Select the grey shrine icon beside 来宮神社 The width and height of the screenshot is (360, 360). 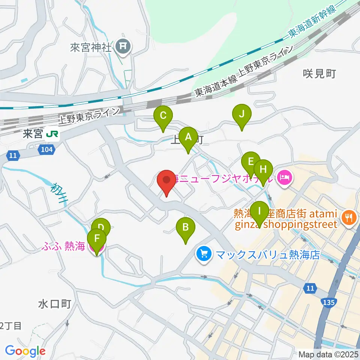(x=123, y=46)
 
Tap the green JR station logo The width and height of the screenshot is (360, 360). (x=52, y=134)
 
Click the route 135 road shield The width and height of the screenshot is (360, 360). (x=329, y=302)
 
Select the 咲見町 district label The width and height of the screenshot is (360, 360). (x=319, y=73)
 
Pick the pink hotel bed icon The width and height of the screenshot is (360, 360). (x=284, y=175)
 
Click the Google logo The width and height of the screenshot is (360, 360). (x=25, y=351)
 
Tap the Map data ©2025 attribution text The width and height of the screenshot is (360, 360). (x=328, y=354)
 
